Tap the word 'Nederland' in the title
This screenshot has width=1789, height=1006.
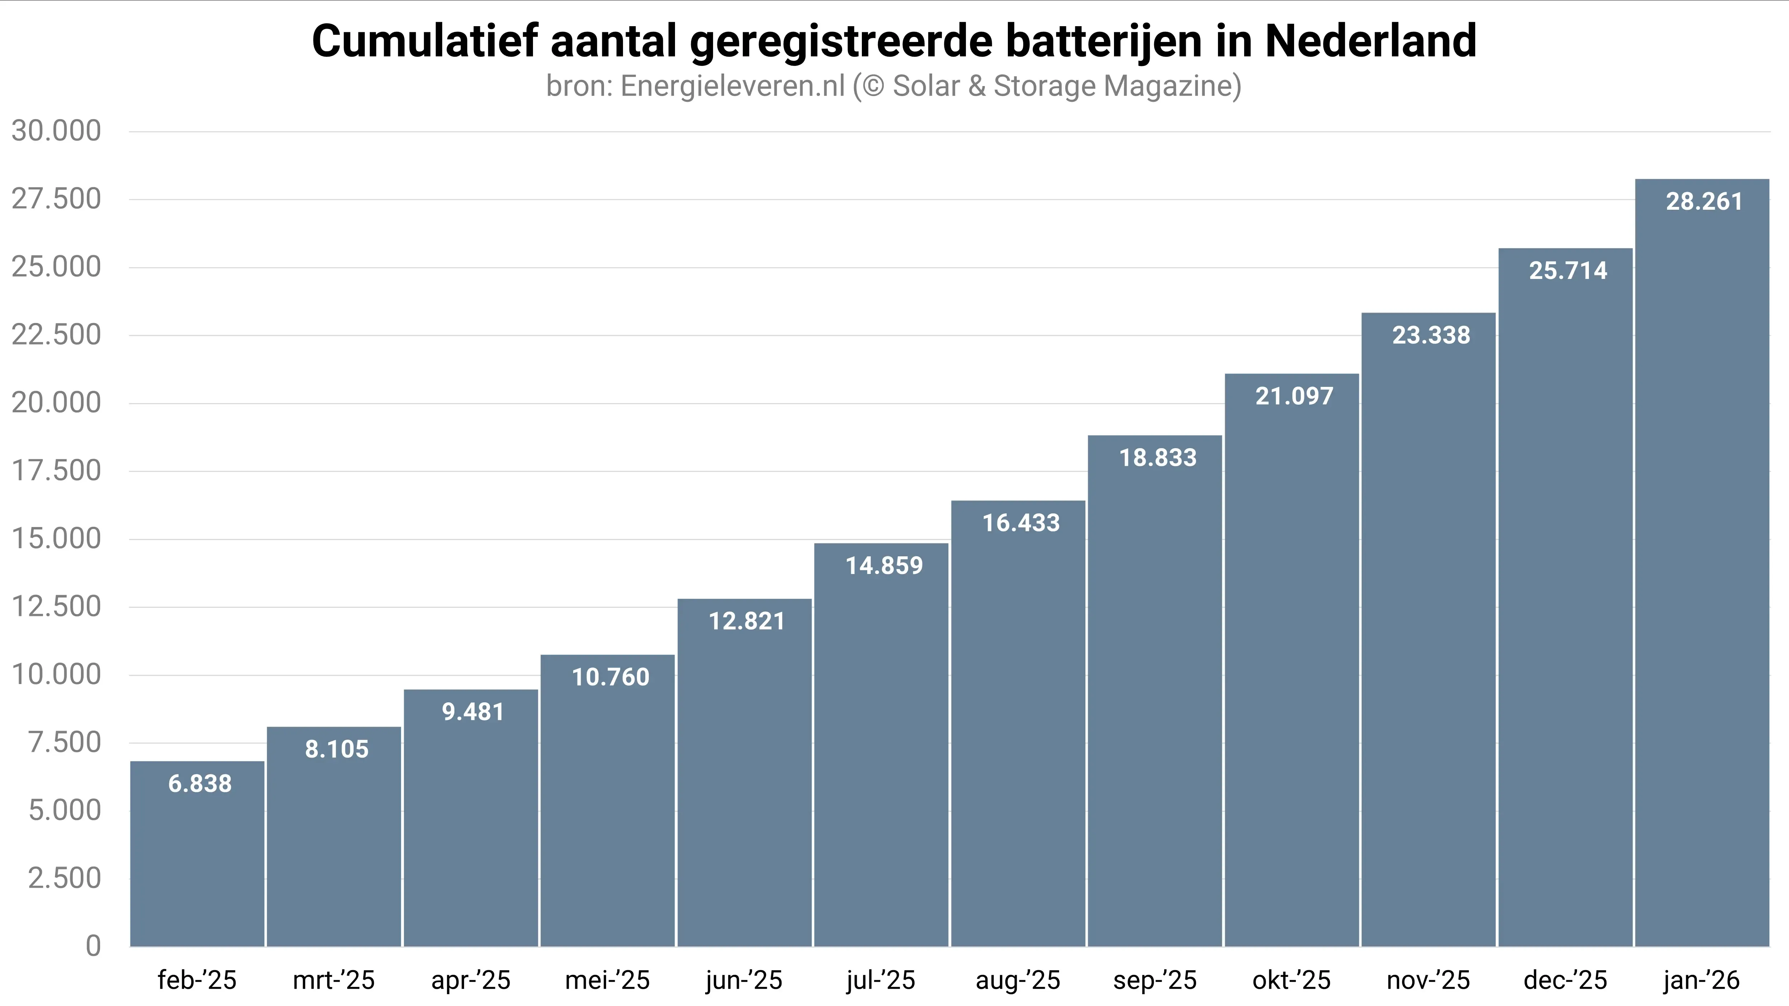click(1370, 42)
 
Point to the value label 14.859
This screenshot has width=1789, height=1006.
click(884, 566)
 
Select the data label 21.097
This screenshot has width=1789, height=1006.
click(1294, 397)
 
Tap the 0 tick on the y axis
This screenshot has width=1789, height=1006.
click(93, 946)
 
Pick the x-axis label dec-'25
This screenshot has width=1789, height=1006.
click(1565, 980)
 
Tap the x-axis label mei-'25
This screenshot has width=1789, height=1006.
click(607, 980)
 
